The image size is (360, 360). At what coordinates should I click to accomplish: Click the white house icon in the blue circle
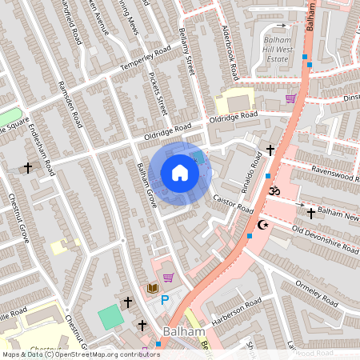[x=180, y=173]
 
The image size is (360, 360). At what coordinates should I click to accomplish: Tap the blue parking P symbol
[x=165, y=300]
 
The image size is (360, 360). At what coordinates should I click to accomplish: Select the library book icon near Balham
[x=152, y=287]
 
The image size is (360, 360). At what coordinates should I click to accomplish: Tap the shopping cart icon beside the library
[x=168, y=278]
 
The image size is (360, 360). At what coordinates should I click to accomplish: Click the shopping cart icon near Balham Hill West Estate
[x=290, y=98]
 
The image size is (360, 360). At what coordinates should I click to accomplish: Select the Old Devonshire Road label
[x=325, y=238]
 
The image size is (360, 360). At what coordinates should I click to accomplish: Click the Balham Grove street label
[x=146, y=186]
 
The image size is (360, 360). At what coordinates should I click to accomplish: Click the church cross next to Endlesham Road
[x=29, y=168]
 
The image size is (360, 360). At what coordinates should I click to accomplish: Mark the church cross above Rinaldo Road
[x=270, y=150]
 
